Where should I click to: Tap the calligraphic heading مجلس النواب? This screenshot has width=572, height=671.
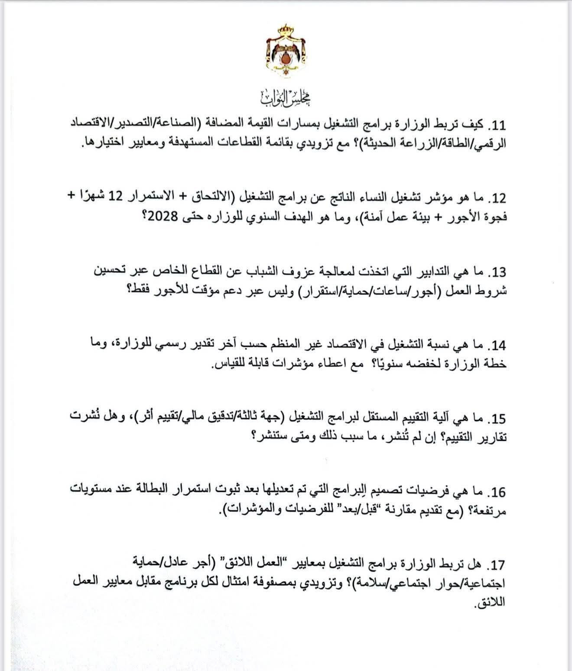[x=286, y=98]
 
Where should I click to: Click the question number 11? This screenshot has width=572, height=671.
[x=496, y=126]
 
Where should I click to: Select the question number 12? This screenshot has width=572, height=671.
[x=496, y=199]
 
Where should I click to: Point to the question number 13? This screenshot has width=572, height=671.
[x=496, y=272]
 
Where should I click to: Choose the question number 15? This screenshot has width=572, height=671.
[x=496, y=419]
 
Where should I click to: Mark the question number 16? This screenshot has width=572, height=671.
[x=496, y=492]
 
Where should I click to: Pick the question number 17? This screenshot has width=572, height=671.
[x=496, y=565]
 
